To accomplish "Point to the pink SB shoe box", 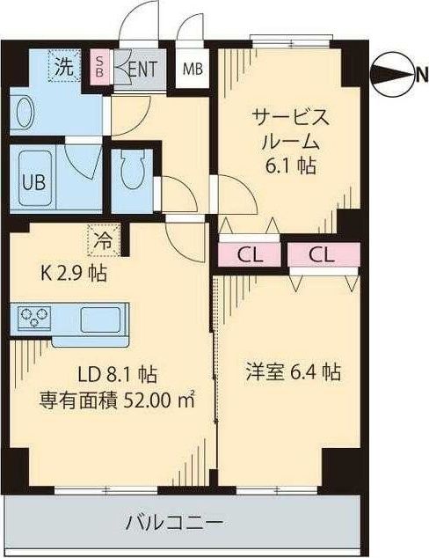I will click(x=99, y=68).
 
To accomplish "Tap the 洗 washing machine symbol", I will click(x=63, y=65).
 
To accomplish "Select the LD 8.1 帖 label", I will click(x=110, y=373).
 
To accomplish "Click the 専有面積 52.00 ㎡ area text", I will click(x=116, y=399).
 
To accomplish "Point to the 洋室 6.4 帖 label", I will click(x=293, y=373).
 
